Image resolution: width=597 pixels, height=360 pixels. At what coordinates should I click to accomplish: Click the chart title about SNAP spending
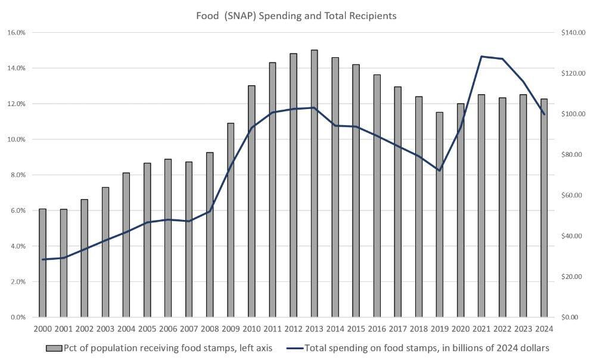[296, 16]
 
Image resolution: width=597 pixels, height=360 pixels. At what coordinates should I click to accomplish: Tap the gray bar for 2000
[42, 263]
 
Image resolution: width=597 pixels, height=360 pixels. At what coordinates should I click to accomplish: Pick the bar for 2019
[439, 215]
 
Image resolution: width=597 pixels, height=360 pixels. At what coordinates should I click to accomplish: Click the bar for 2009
[231, 220]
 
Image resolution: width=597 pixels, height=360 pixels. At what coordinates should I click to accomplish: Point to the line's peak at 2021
[481, 57]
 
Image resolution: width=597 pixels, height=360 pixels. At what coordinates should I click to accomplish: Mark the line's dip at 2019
[439, 170]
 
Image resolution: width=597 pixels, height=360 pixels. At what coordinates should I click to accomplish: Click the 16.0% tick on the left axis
[16, 32]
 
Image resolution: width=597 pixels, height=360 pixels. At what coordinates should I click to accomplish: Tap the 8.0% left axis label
[16, 175]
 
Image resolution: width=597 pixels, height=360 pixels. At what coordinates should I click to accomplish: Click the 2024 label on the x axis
[543, 328]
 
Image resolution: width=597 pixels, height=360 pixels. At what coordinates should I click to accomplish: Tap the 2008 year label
[210, 328]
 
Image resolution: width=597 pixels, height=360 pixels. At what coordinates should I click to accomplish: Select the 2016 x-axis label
[377, 328]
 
